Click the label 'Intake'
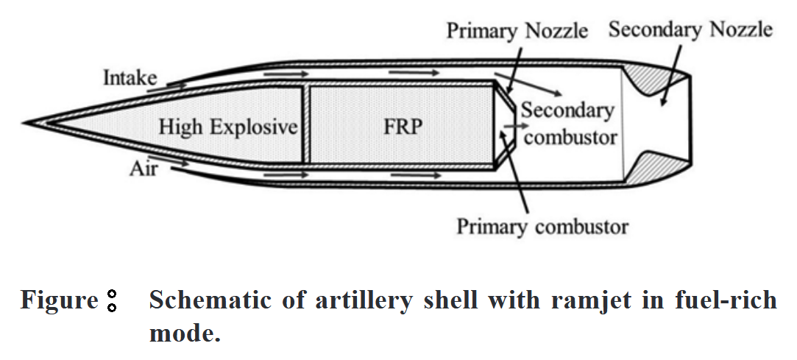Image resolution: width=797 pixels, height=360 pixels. click(x=129, y=77)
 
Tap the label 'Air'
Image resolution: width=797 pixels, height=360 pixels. click(x=144, y=169)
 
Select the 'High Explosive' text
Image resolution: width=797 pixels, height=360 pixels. click(x=228, y=127)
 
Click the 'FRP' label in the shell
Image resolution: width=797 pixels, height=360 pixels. click(x=403, y=127)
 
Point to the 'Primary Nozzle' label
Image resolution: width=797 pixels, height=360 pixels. click(x=518, y=31)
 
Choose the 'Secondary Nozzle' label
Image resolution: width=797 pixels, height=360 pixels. click(x=690, y=29)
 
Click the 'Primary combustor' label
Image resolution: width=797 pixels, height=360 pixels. click(x=542, y=225)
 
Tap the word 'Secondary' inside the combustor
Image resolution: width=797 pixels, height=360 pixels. click(x=567, y=110)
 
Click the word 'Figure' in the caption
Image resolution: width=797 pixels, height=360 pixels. click(x=59, y=300)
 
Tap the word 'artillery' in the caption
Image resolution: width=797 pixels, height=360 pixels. click(x=344, y=300)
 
